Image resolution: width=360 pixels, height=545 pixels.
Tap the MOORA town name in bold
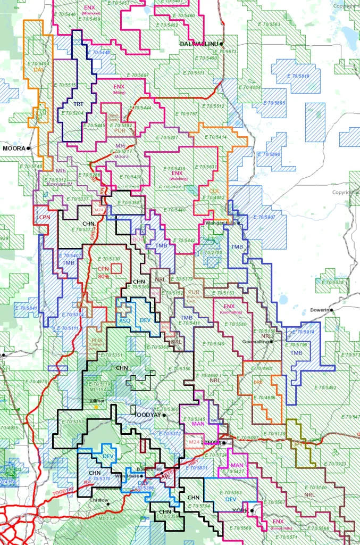tap(14, 148)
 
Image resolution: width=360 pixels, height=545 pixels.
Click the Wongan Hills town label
tap(220, 222)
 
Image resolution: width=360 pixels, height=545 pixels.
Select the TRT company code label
tap(78, 103)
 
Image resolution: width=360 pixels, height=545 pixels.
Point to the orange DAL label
tap(38, 70)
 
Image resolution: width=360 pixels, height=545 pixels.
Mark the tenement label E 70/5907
tap(263, 217)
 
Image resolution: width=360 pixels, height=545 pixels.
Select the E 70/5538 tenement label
tap(331, 282)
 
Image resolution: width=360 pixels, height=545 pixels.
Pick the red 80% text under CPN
tap(103, 276)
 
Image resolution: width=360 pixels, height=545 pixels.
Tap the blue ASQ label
tap(124, 321)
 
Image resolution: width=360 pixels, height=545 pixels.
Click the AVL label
tap(165, 477)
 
